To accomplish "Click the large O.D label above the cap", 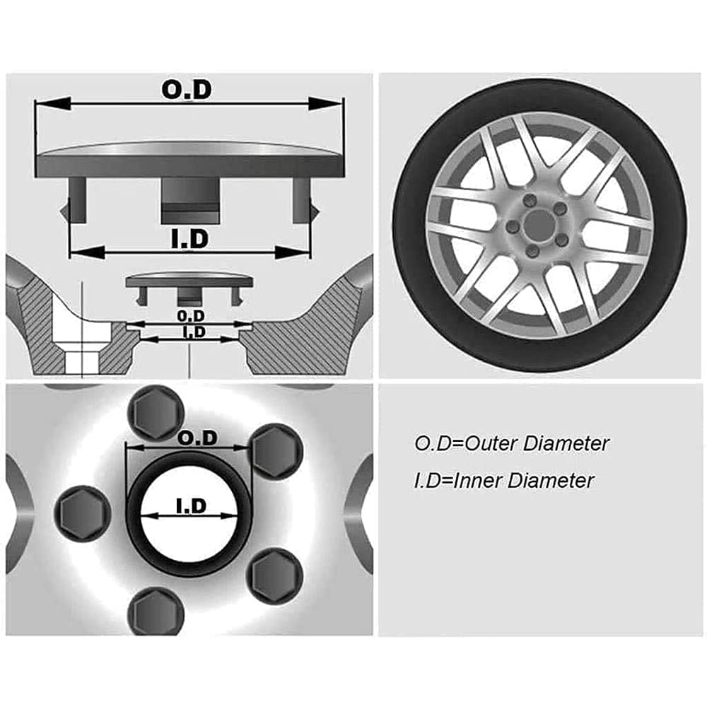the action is (187, 90).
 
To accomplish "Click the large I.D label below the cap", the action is (189, 239).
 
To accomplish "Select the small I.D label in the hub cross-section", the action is (192, 331).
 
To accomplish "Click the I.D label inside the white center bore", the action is (189, 506).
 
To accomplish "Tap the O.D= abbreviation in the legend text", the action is (433, 444).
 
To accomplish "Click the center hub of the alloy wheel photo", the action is (539, 225).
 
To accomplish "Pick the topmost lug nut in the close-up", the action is (154, 413).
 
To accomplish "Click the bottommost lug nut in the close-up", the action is (153, 609).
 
